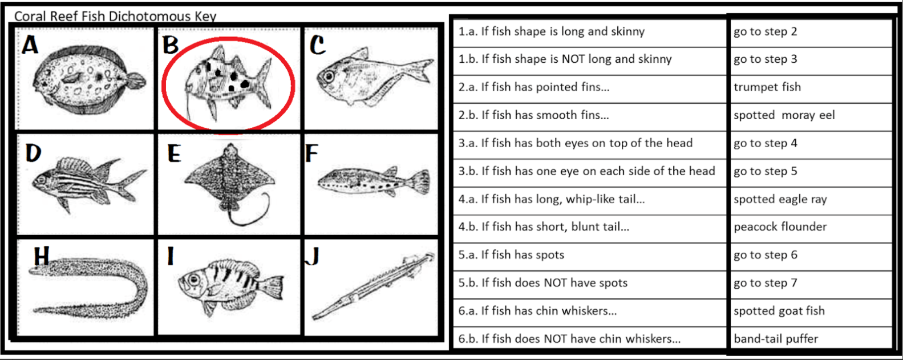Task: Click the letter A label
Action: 30,45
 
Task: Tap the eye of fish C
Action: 329,76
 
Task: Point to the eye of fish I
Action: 194,279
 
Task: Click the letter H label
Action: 42,256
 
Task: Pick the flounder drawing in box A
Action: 89,80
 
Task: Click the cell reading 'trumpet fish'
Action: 810,87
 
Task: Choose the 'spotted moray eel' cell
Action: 810,115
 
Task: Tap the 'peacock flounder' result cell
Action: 810,227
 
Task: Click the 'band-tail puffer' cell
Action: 810,339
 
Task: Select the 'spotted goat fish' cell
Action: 810,311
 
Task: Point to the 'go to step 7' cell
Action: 810,283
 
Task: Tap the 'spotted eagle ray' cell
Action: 810,199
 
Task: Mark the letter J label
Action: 313,256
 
